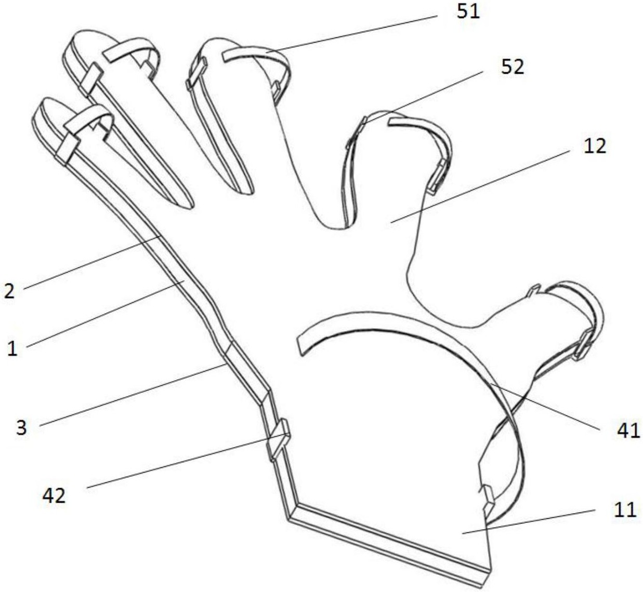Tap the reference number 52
[x=513, y=68]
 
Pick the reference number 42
[x=54, y=495]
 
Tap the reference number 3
[x=21, y=428]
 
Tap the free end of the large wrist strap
[x=300, y=344]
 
